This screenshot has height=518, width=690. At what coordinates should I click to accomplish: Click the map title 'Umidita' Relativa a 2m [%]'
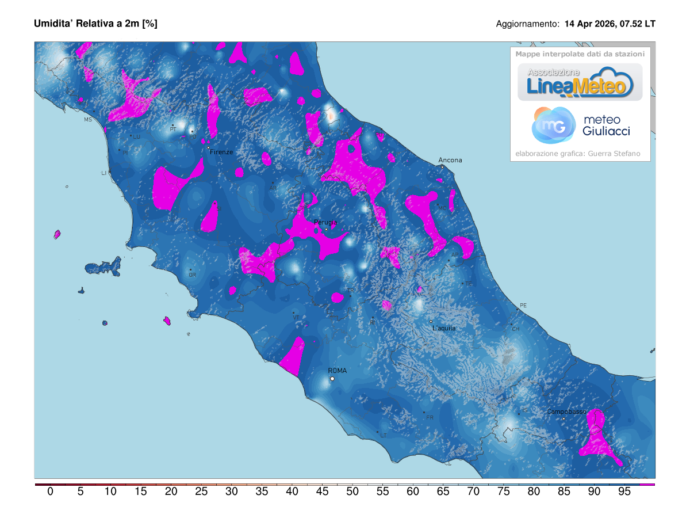click(95, 24)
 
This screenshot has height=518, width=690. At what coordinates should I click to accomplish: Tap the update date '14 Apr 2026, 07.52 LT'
click(609, 24)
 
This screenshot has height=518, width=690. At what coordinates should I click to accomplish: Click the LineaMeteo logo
click(580, 82)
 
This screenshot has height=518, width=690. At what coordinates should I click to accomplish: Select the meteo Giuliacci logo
click(581, 125)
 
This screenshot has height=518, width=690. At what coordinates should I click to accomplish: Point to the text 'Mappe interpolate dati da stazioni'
click(580, 54)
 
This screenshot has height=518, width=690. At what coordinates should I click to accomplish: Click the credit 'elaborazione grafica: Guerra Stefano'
click(577, 154)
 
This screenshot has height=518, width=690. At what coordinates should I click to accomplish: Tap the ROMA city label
click(337, 371)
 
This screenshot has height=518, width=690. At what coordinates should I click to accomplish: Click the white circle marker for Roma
click(332, 379)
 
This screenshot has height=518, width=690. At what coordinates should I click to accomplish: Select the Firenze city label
click(221, 152)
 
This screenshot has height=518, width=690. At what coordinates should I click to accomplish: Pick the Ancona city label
click(450, 160)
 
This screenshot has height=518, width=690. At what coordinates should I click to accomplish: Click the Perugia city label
click(325, 222)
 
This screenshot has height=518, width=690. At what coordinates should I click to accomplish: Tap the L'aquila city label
click(443, 328)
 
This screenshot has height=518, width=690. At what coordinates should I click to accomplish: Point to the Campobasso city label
click(566, 412)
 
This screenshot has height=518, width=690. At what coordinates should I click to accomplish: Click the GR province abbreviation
click(192, 275)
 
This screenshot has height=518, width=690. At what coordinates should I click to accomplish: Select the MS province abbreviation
click(88, 120)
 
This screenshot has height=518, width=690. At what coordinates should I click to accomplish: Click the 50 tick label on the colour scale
click(352, 492)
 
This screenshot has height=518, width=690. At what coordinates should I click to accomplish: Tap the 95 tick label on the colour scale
click(624, 492)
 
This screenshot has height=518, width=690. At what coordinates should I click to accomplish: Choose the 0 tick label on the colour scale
click(51, 492)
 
